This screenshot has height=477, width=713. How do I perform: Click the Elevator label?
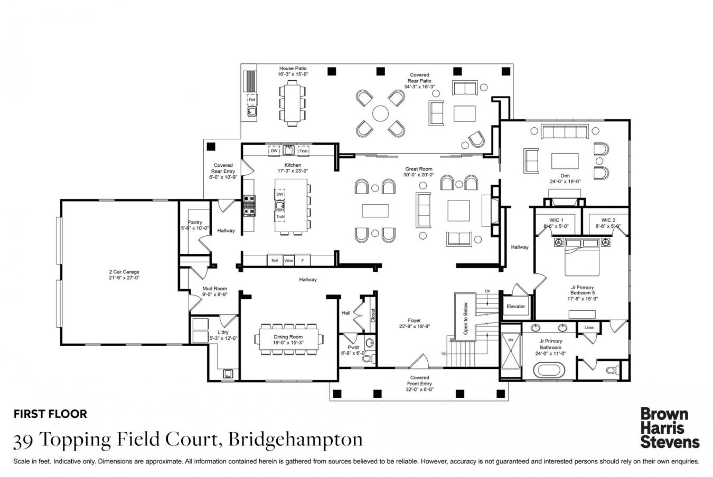[515, 306]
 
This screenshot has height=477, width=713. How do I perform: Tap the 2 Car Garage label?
[124, 272]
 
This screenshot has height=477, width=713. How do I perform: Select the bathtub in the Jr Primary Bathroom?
[550, 369]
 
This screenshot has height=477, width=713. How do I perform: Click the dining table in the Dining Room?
[288, 337]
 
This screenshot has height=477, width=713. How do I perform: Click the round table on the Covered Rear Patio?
[380, 113]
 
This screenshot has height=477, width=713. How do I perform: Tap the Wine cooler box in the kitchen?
[288, 261]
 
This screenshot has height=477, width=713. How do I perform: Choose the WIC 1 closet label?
[556, 220]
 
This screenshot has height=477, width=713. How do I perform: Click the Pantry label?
[195, 222]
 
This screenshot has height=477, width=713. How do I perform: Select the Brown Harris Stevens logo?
[669, 427]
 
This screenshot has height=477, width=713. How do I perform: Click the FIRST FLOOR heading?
[50, 414]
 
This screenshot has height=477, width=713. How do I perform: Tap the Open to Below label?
[465, 318]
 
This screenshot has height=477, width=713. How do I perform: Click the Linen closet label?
[589, 328]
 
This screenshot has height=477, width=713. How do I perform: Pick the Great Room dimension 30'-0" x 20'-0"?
[418, 175]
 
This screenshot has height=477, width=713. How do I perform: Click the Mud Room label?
[214, 289]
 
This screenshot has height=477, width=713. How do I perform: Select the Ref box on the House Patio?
[252, 99]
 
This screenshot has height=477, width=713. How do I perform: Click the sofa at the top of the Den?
[565, 131]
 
